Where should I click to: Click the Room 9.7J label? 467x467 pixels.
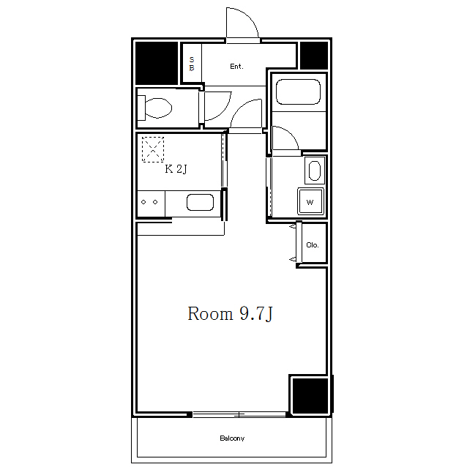(230, 313)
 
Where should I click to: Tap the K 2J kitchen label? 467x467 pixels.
(176, 169)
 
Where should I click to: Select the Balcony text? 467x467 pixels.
(232, 438)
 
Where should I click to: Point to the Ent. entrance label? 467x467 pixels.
(236, 67)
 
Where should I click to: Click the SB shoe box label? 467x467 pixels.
(192, 64)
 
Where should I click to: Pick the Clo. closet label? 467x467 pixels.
(313, 244)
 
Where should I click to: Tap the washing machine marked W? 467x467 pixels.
(310, 201)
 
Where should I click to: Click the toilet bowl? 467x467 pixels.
(155, 108)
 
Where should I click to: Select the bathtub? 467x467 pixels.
(298, 91)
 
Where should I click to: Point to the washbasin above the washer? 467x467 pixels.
(315, 171)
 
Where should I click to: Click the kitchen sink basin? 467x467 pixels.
(200, 202)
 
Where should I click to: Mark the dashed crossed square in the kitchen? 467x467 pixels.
(153, 149)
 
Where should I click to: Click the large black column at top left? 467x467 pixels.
(157, 63)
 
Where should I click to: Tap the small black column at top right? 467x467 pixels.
(314, 56)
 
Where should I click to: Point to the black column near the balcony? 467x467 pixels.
(310, 395)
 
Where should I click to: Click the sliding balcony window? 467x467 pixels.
(239, 414)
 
